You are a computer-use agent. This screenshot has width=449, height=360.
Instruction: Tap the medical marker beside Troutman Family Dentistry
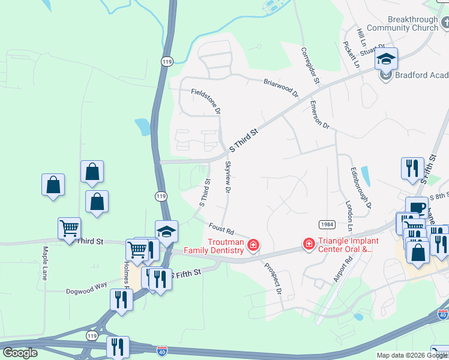click(x=253, y=245)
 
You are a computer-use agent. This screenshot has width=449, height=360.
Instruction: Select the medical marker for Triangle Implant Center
click(x=309, y=244)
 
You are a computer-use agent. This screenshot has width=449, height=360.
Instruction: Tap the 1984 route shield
click(x=327, y=224)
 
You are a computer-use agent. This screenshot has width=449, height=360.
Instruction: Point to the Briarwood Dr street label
click(x=280, y=88)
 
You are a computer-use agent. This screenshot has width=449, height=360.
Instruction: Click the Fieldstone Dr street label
click(x=206, y=101)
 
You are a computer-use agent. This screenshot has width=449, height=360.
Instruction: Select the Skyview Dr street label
click(x=228, y=178)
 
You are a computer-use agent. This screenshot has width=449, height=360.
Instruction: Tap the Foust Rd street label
click(x=221, y=229)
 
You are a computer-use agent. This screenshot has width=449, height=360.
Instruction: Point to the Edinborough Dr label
click(x=361, y=187)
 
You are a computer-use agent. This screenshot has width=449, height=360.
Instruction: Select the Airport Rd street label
click(x=343, y=270)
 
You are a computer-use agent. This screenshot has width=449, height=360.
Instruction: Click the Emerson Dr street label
click(x=320, y=115)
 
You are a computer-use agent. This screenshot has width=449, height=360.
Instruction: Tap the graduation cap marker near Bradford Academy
click(x=387, y=59)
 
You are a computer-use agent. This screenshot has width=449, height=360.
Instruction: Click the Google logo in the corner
click(x=20, y=353)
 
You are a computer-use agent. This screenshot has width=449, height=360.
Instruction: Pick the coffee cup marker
click(x=417, y=208)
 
